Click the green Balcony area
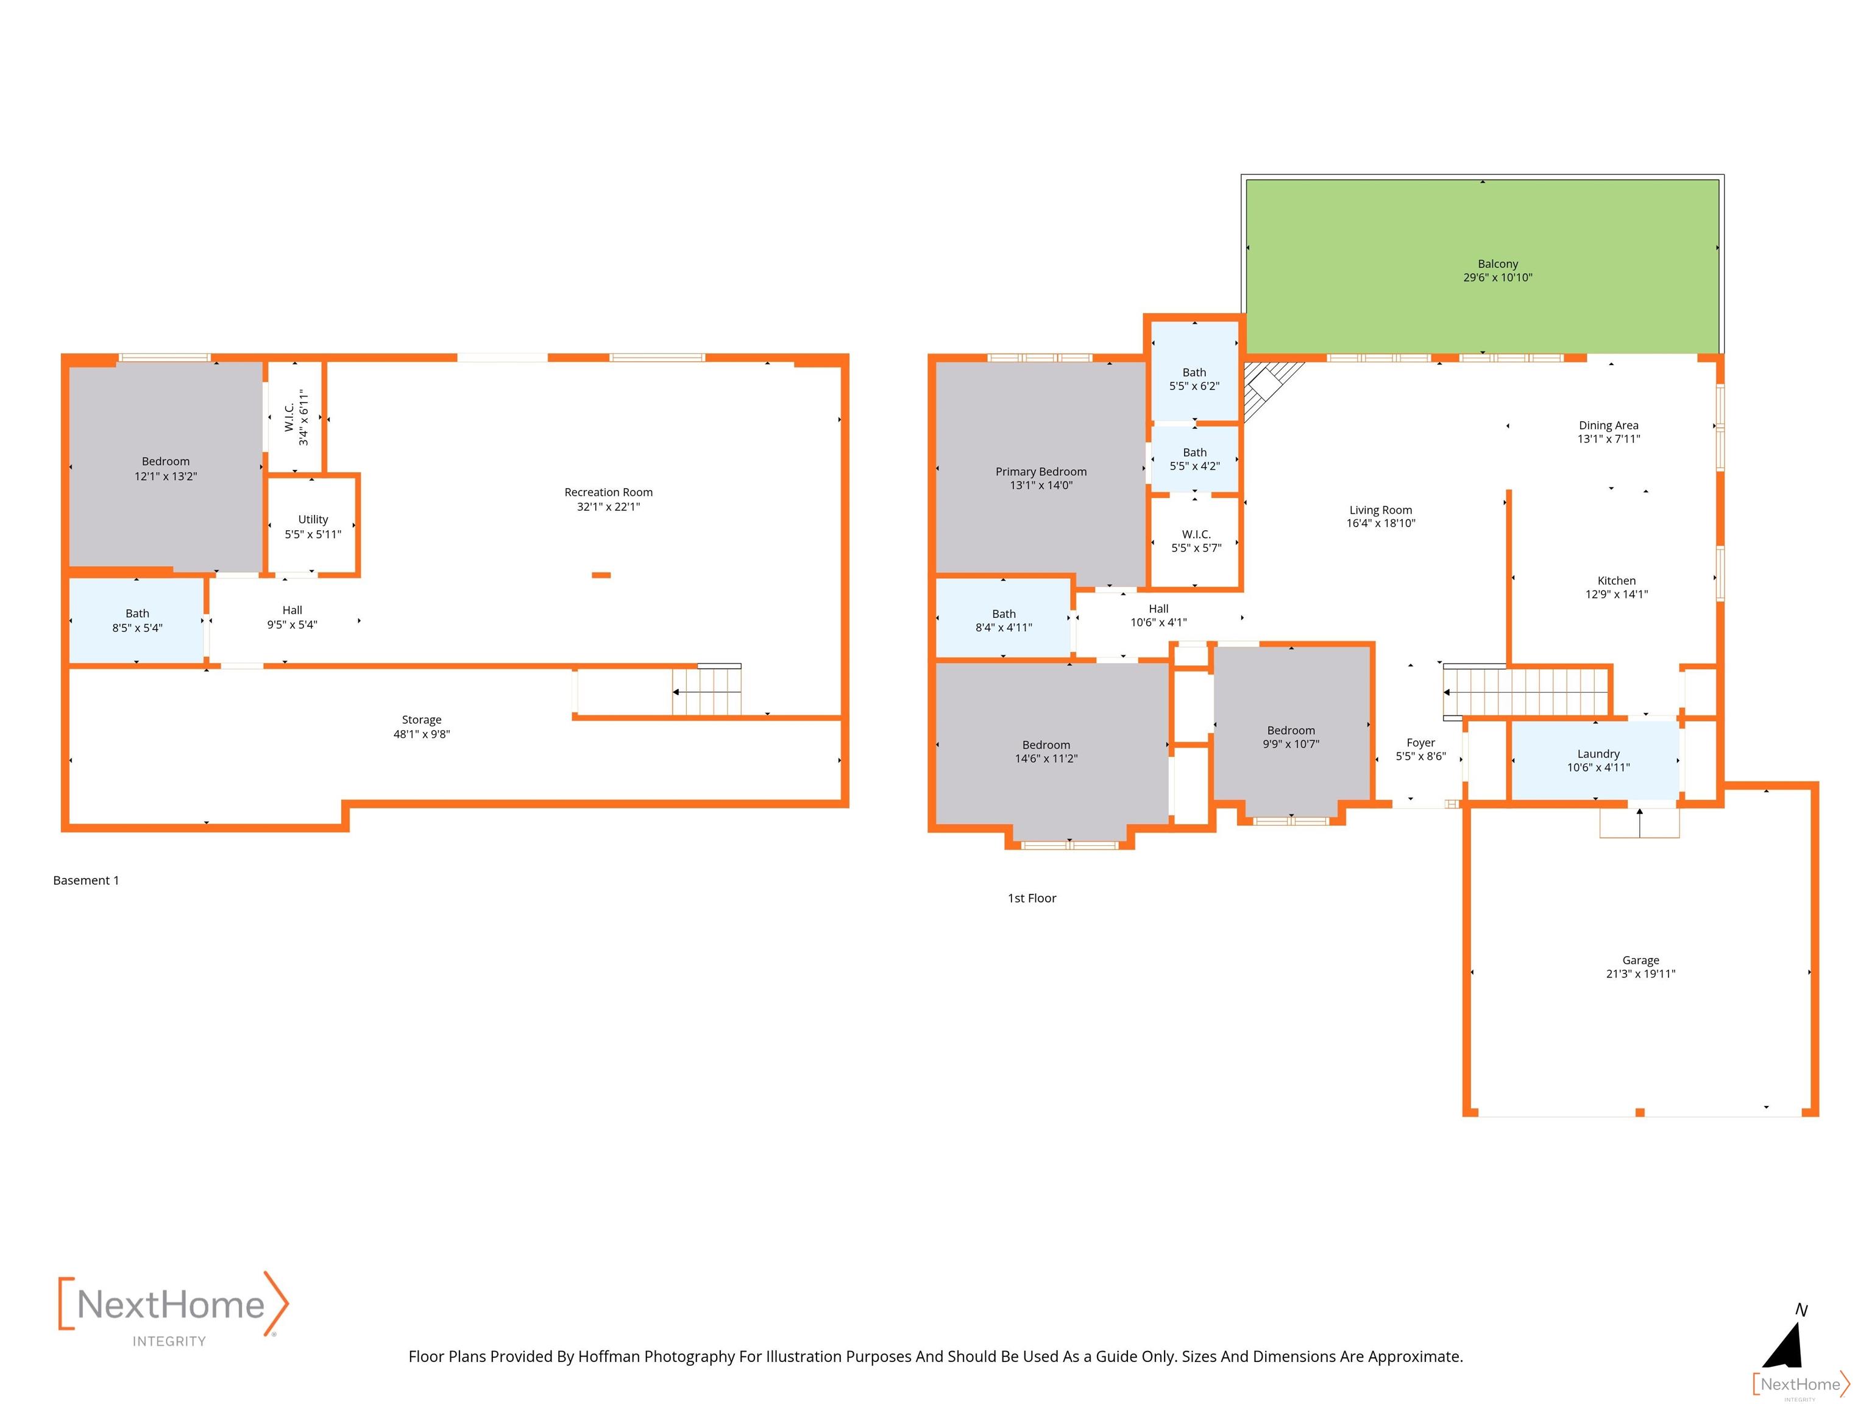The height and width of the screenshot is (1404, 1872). coord(1482,266)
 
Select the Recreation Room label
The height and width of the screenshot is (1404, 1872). coord(609,492)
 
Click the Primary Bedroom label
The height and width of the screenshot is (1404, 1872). coord(1041,472)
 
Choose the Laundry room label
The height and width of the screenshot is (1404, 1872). coord(1598,753)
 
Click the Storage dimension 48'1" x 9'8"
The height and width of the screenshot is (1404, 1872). coord(422,734)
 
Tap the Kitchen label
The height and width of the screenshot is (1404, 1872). coord(1617,581)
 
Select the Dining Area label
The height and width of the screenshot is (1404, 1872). coord(1608,426)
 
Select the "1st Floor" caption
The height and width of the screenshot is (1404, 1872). coord(1032,898)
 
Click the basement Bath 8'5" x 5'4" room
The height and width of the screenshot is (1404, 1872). coord(136,620)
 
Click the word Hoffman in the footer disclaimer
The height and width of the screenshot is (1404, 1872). coord(609,1356)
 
